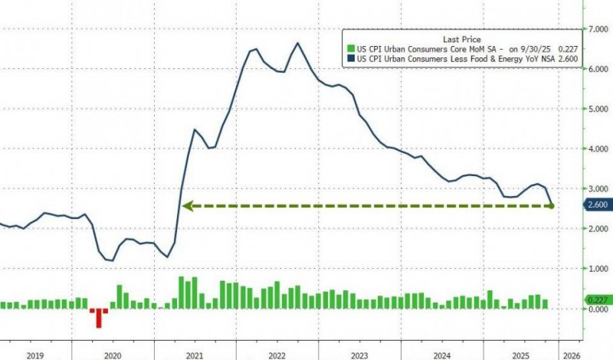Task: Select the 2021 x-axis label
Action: click(x=195, y=355)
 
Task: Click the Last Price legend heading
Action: click(x=461, y=38)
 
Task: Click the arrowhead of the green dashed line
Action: click(x=185, y=205)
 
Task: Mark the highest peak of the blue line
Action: click(x=297, y=43)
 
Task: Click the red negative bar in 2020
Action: click(x=97, y=316)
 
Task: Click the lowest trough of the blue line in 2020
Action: click(x=112, y=260)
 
